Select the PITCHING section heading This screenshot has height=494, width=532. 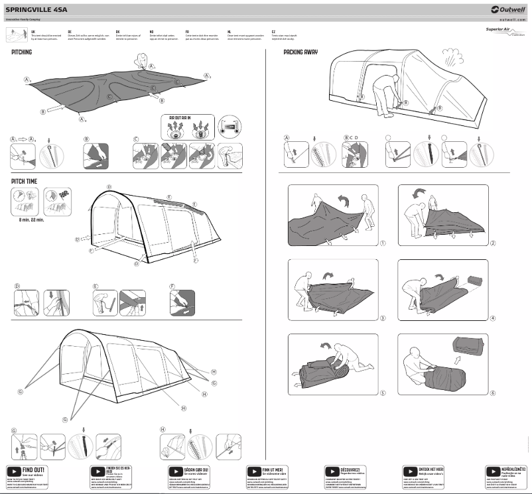(x=22, y=52)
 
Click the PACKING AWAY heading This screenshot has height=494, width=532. (x=300, y=52)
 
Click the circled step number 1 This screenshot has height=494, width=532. (x=383, y=243)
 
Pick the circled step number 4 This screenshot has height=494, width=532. (x=492, y=318)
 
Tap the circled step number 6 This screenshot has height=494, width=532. (x=492, y=393)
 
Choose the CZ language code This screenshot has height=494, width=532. (x=273, y=31)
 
